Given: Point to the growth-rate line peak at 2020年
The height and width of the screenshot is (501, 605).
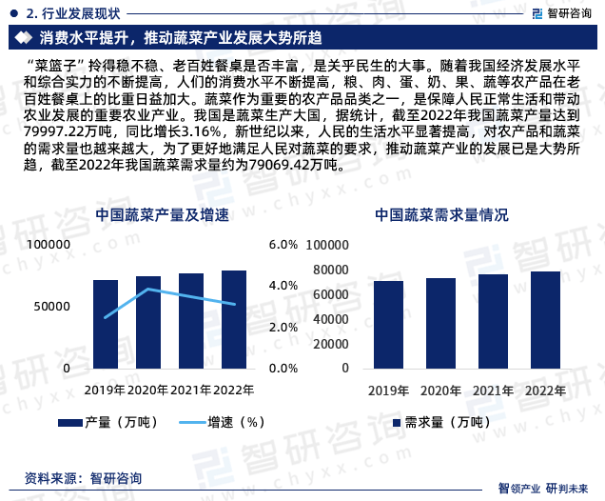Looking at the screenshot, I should (x=148, y=289).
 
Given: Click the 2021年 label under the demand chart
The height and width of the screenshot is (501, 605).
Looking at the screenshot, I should (x=493, y=390).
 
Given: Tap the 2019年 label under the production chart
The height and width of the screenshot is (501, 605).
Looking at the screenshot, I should (x=105, y=390).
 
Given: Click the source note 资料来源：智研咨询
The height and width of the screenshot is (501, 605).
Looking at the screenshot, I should (x=84, y=477).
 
